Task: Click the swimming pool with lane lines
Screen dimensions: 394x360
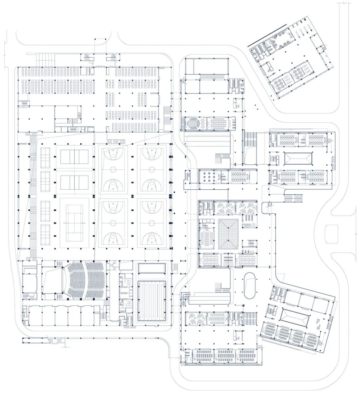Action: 152,301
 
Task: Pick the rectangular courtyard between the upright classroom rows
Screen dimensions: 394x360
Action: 298,158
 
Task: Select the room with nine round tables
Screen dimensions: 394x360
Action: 210,177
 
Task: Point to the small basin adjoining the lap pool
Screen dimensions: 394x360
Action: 152,268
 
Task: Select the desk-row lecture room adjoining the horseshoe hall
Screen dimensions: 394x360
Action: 218,124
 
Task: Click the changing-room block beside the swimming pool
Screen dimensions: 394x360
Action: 124,296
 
